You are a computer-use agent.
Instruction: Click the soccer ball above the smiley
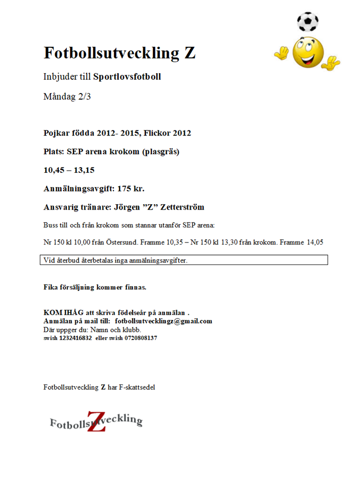click(x=307, y=21)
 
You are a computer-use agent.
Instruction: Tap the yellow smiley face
click(x=308, y=53)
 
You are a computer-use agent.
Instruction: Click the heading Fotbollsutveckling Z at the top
click(x=120, y=53)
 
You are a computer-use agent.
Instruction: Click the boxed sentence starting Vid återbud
click(x=116, y=260)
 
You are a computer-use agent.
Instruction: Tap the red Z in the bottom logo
click(x=96, y=421)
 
